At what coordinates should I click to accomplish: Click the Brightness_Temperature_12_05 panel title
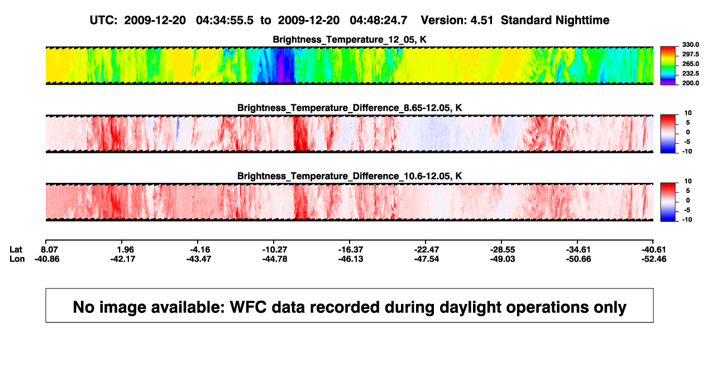pyautogui.click(x=350, y=40)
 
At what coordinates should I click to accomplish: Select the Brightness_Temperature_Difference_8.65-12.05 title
pyautogui.click(x=350, y=108)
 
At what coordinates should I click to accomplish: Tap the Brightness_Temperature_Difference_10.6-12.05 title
pyautogui.click(x=350, y=176)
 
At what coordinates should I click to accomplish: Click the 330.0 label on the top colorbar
pyautogui.click(x=690, y=45)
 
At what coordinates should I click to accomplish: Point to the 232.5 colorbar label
pyautogui.click(x=690, y=74)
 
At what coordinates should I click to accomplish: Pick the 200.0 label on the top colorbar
pyautogui.click(x=690, y=83)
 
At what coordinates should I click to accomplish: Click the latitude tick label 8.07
pyautogui.click(x=50, y=250)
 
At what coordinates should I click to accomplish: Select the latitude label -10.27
pyautogui.click(x=275, y=250)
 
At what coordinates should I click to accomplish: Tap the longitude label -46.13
pyautogui.click(x=350, y=259)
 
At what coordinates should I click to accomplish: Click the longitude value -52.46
pyautogui.click(x=654, y=259)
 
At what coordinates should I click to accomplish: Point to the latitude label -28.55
pyautogui.click(x=503, y=250)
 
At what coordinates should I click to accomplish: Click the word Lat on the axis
pyautogui.click(x=16, y=250)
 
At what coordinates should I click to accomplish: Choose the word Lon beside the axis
pyautogui.click(x=17, y=259)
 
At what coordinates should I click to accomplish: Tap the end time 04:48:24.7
pyautogui.click(x=378, y=20)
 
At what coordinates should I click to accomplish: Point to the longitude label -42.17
pyautogui.click(x=122, y=259)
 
